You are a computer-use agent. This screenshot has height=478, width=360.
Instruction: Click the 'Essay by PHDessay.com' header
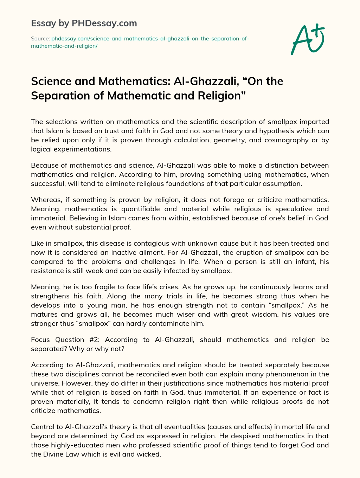tap(84, 24)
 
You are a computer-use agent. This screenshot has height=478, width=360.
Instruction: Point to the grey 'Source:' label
tap(40, 38)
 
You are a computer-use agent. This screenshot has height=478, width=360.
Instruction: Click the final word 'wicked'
tap(150, 454)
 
